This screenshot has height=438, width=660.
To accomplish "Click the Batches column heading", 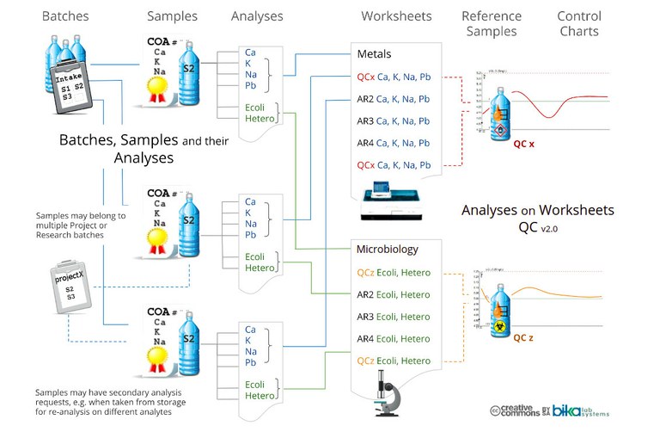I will click(65, 16).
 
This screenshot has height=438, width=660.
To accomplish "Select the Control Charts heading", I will click(578, 23).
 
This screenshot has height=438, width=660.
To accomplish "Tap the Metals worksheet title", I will click(375, 54).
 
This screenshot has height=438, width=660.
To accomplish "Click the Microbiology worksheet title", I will click(388, 250).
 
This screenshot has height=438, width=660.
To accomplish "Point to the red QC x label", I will click(523, 144).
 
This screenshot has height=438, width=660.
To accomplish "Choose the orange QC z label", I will click(523, 338).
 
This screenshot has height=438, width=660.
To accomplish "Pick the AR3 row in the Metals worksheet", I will click(394, 120).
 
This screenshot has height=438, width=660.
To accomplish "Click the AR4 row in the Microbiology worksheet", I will click(394, 339).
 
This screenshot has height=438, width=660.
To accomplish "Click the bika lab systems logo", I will click(579, 411).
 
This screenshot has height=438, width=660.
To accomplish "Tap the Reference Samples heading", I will click(492, 23).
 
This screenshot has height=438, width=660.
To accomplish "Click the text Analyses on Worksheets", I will click(537, 210).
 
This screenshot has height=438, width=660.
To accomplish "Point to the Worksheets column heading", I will click(396, 16).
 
